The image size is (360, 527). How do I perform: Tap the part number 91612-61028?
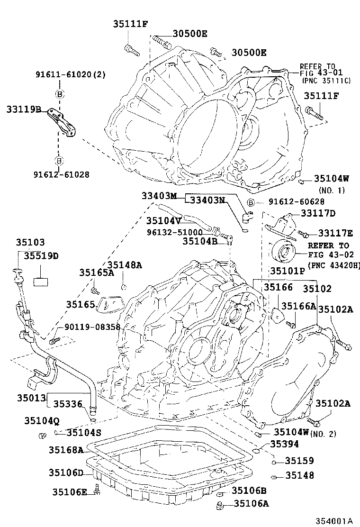click(x=62, y=174)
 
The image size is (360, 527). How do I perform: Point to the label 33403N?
click(x=207, y=200)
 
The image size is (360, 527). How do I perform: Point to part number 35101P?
click(x=288, y=271)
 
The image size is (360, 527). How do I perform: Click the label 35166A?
click(x=299, y=306)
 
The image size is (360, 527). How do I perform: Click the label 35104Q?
click(x=43, y=420)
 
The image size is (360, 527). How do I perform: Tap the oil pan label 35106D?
click(x=66, y=473)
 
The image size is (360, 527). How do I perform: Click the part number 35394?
click(x=285, y=444)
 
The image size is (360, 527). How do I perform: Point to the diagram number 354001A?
click(x=335, y=520)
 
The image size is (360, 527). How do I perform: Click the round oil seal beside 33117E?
click(x=285, y=252)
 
